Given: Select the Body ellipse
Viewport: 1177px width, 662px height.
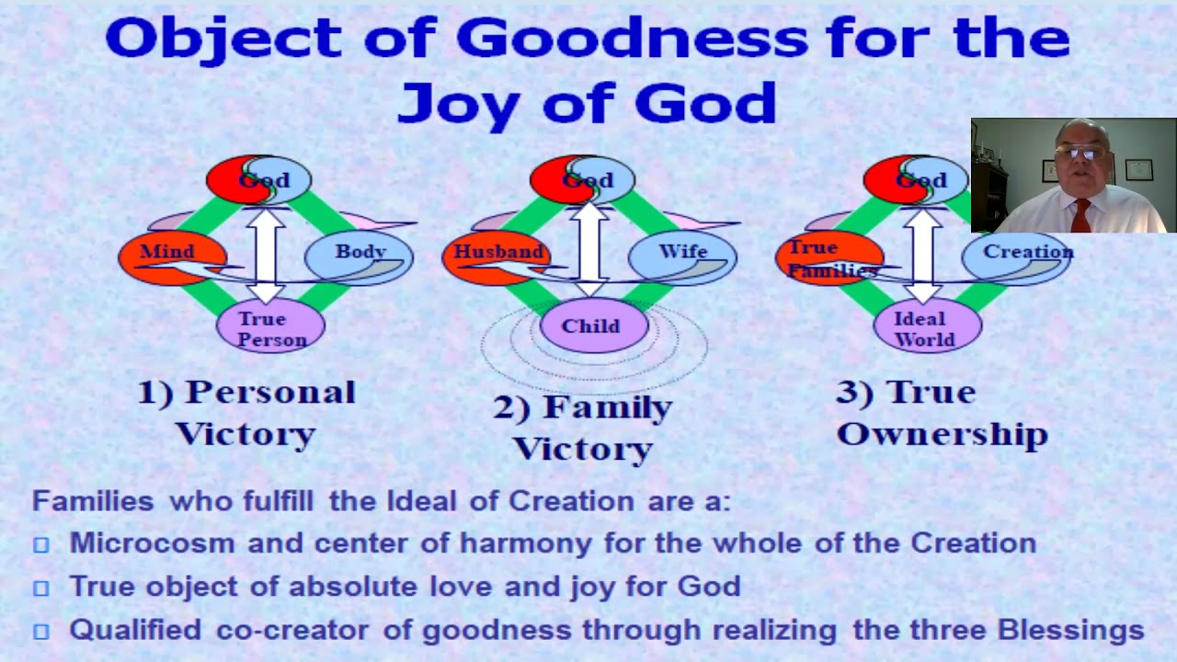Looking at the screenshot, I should click(x=359, y=252).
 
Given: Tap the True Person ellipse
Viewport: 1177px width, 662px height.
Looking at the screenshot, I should click(x=270, y=328).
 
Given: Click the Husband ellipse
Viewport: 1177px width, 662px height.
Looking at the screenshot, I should click(x=497, y=252).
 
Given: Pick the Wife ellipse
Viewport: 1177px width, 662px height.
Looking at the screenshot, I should click(x=683, y=252).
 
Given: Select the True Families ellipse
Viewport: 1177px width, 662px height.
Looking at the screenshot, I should click(x=828, y=257).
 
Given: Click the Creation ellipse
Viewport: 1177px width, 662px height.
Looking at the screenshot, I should click(x=1026, y=252).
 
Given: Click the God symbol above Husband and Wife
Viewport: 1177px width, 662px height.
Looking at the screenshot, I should click(x=583, y=179).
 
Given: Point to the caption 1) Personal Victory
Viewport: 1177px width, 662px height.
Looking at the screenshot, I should click(x=246, y=412).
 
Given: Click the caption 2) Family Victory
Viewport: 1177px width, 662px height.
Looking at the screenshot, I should click(x=583, y=428).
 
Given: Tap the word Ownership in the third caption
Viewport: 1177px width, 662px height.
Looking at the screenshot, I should click(x=942, y=434).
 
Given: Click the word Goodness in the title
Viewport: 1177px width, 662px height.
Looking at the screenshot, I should click(x=632, y=39).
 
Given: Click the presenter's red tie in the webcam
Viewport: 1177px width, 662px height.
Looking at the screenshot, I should click(x=1080, y=215).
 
